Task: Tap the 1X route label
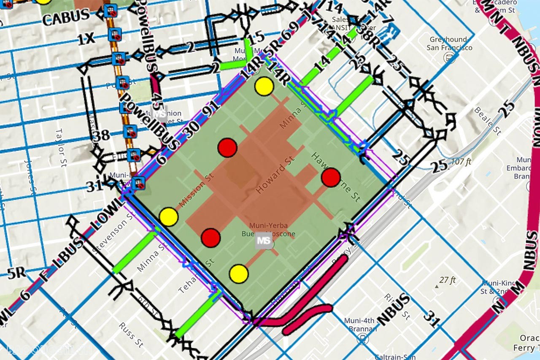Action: pos(86,39)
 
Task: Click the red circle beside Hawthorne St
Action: pos(331,177)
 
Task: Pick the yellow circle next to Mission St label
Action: pos(169,216)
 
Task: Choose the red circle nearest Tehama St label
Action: pos(211,238)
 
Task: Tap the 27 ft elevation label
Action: pos(447,280)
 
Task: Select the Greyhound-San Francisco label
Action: pos(449,43)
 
